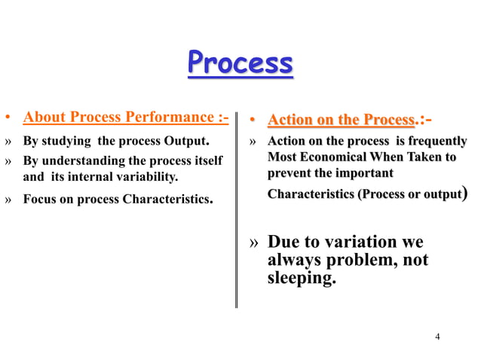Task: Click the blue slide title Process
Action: [x=240, y=64]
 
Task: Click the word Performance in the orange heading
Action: [x=165, y=117]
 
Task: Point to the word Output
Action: [x=188, y=141]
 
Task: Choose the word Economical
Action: [x=342, y=157]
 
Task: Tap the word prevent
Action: [x=289, y=174]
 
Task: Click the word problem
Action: [x=358, y=261]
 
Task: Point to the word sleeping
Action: [x=302, y=278]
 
